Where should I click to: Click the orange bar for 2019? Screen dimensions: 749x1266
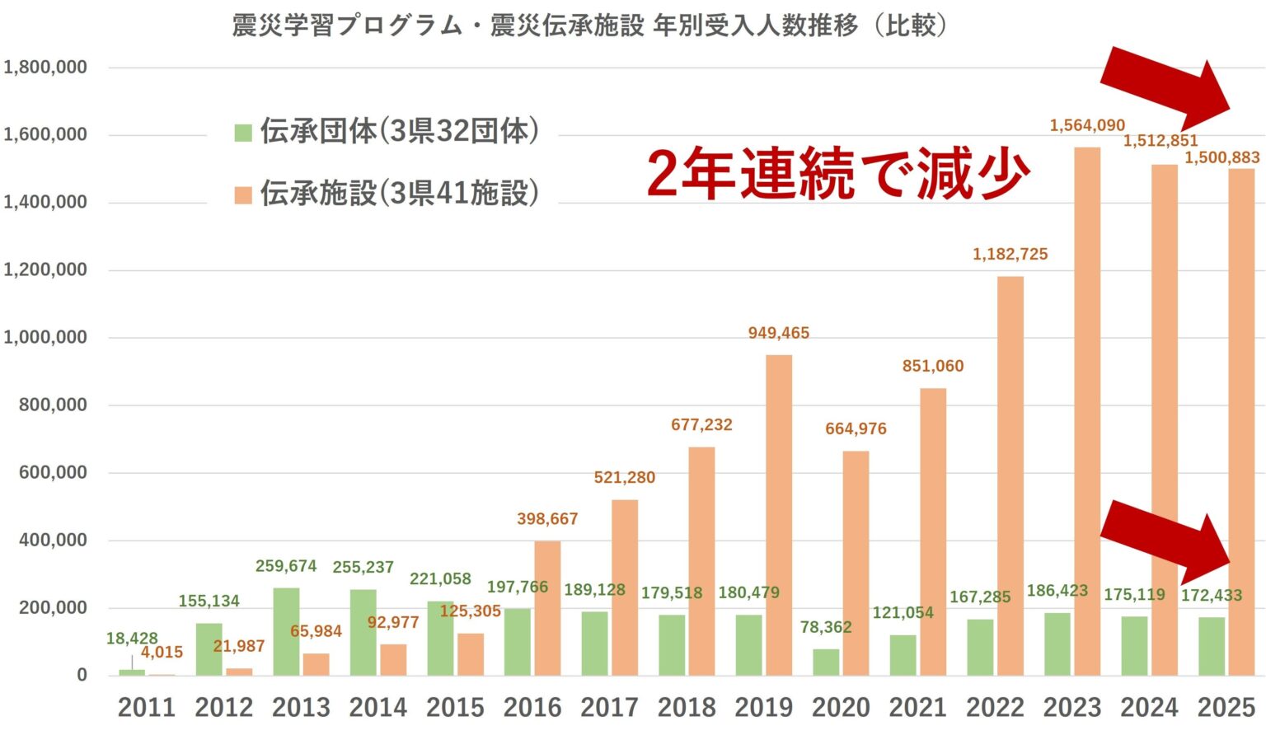(778, 515)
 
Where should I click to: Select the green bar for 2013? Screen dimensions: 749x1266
(286, 631)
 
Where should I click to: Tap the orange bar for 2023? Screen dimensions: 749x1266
(1087, 411)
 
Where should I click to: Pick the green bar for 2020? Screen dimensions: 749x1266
(826, 662)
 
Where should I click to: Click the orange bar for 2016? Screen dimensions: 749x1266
(547, 608)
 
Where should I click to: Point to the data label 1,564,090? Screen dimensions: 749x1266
(1087, 125)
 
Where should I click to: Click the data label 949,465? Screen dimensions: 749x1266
(778, 333)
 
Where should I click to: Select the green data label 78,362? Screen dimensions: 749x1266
(826, 627)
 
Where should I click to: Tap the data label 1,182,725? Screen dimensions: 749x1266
(1010, 254)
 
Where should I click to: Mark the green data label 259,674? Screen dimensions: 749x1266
(286, 566)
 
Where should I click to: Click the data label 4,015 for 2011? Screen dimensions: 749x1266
(162, 652)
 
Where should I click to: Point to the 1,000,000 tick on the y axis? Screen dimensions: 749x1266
(45, 337)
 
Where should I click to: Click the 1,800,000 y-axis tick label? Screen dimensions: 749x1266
(45, 67)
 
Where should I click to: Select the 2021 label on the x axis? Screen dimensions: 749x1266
(917, 707)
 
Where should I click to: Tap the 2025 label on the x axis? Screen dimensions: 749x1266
(1226, 707)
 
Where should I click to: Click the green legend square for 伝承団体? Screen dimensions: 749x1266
(243, 132)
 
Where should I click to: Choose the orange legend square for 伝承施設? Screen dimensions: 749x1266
(243, 194)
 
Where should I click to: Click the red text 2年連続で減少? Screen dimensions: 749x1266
(837, 173)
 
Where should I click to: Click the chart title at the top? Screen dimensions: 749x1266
(590, 26)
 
